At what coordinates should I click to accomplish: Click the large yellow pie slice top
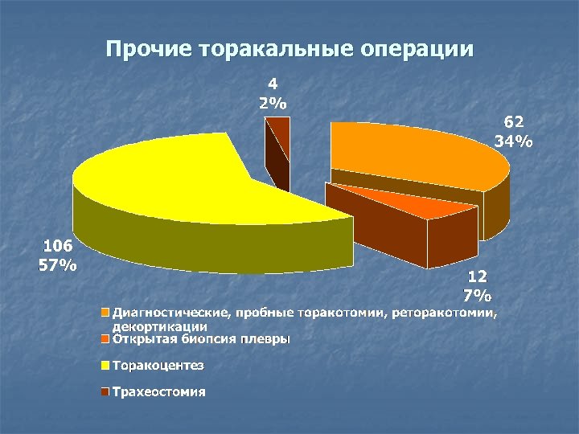(185, 173)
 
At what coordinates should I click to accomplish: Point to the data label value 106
(59, 247)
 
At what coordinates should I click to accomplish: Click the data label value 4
(273, 83)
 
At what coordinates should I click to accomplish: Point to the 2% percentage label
(273, 102)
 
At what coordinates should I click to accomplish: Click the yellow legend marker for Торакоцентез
(105, 366)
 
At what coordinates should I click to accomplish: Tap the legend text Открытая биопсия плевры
(201, 338)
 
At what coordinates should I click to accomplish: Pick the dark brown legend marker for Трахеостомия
(105, 392)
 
